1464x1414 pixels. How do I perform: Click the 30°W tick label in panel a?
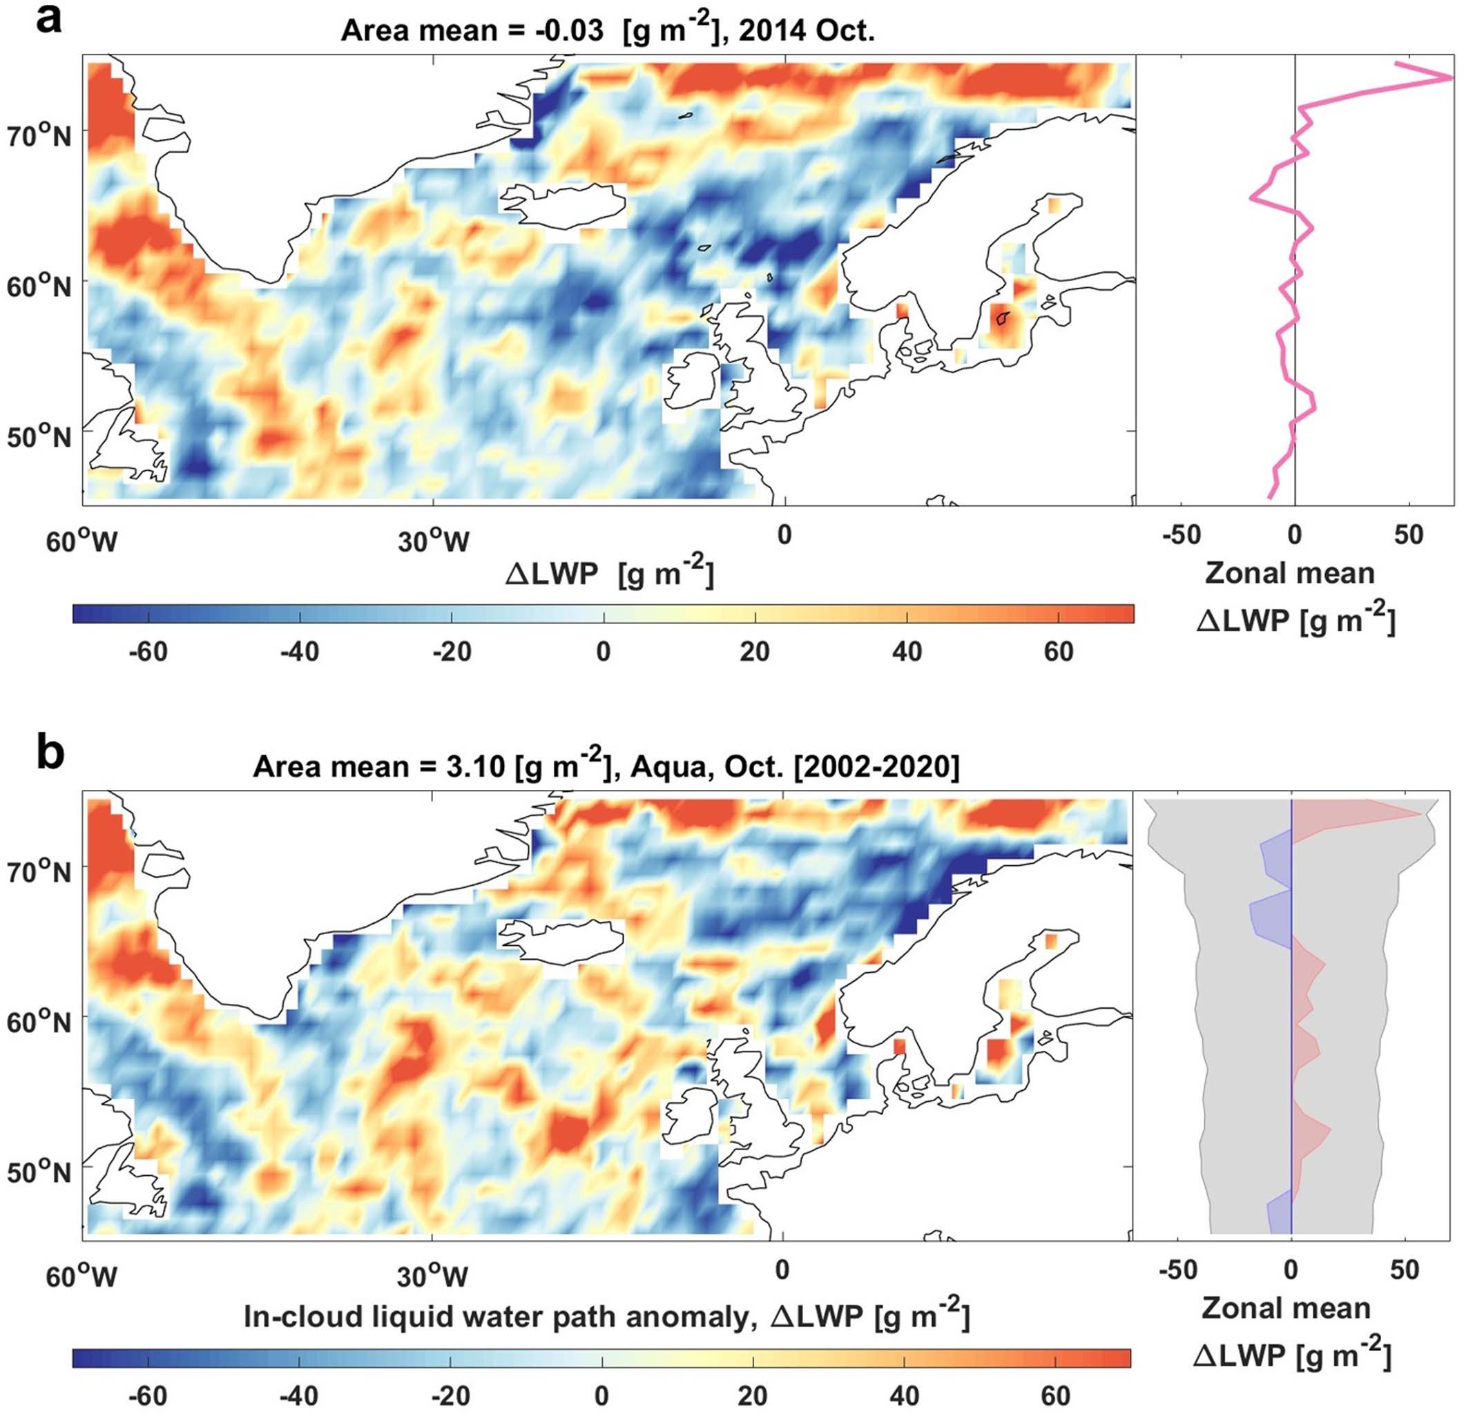[433, 541]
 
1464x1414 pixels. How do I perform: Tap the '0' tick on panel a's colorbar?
[604, 651]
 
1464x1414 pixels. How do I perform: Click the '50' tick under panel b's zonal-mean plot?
[1404, 1270]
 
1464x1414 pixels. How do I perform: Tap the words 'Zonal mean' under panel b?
[1287, 1308]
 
